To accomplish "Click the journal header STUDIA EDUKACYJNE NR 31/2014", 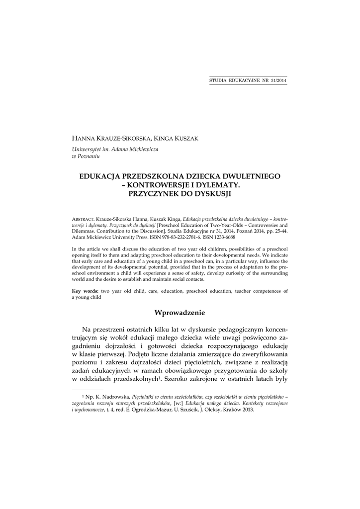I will click(x=248, y=80).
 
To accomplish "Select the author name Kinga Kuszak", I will click(x=178, y=139).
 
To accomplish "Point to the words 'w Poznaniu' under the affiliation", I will click(x=86, y=156).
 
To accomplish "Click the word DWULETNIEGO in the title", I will click(x=248, y=176).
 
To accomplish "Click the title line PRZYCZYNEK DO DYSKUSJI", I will click(x=180, y=194).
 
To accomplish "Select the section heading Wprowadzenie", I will click(x=180, y=313).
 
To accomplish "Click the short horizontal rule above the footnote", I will click(x=88, y=390).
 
